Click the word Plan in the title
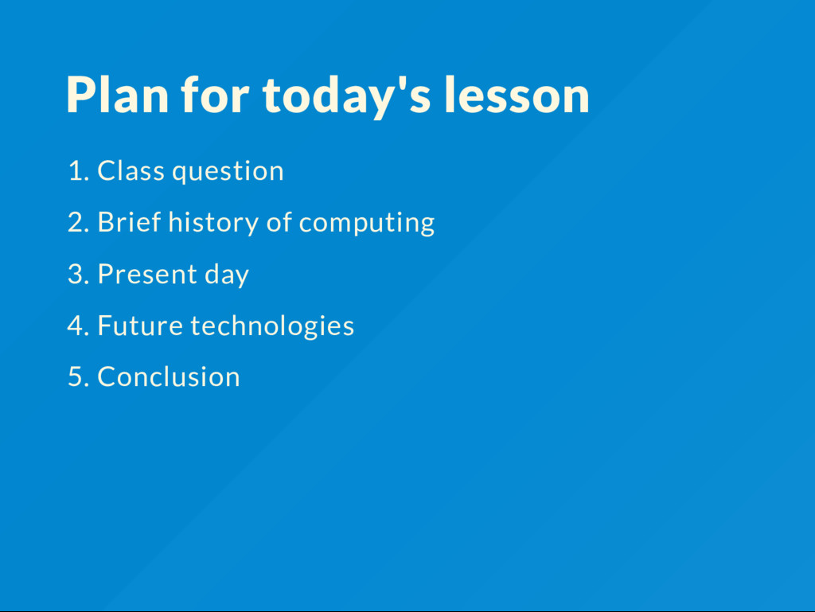point(118,95)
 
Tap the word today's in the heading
point(347,96)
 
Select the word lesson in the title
point(517,95)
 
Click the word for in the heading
point(215,94)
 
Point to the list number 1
point(79,171)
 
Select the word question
point(228,171)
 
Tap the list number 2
point(79,222)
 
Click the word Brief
point(130,222)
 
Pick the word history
point(213,223)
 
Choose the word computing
point(367,224)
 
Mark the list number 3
point(79,274)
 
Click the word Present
point(147,274)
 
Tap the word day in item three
point(227,275)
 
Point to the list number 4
point(79,325)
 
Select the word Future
point(140,325)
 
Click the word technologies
point(272,326)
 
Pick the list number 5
point(79,376)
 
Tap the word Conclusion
point(169,376)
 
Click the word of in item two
point(279,222)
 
